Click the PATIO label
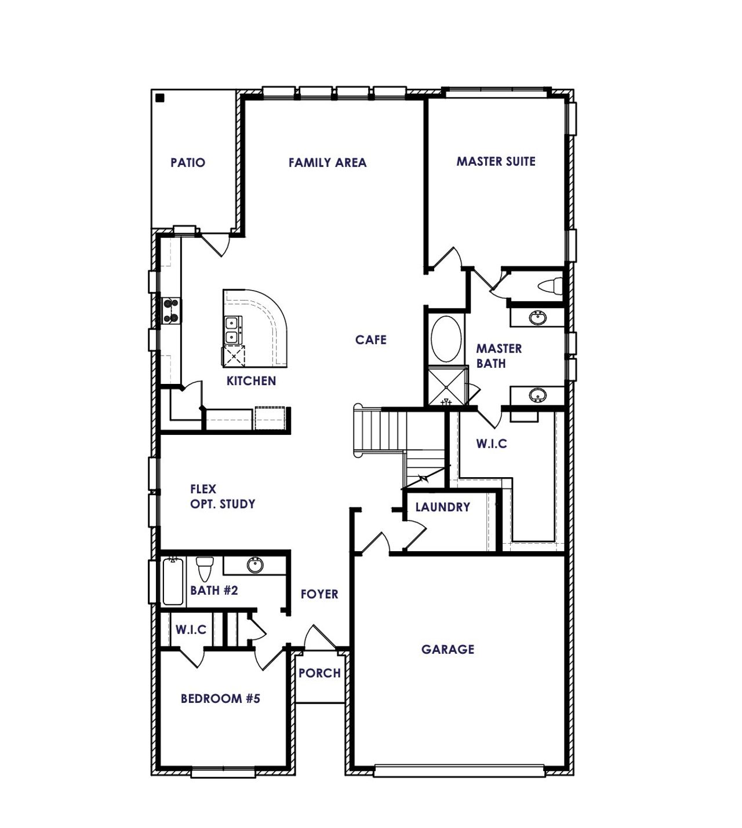[188, 163]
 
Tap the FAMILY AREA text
[328, 163]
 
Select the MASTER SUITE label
[496, 162]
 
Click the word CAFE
[371, 340]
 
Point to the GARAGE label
[448, 650]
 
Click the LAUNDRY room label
[443, 507]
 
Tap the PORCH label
[319, 673]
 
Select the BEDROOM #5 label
[220, 698]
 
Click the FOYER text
[319, 594]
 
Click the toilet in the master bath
[550, 286]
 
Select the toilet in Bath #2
[205, 568]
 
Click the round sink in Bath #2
[254, 565]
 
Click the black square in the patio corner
[160, 98]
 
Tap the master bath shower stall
[446, 386]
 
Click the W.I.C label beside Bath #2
[191, 630]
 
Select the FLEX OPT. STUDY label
[223, 497]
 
